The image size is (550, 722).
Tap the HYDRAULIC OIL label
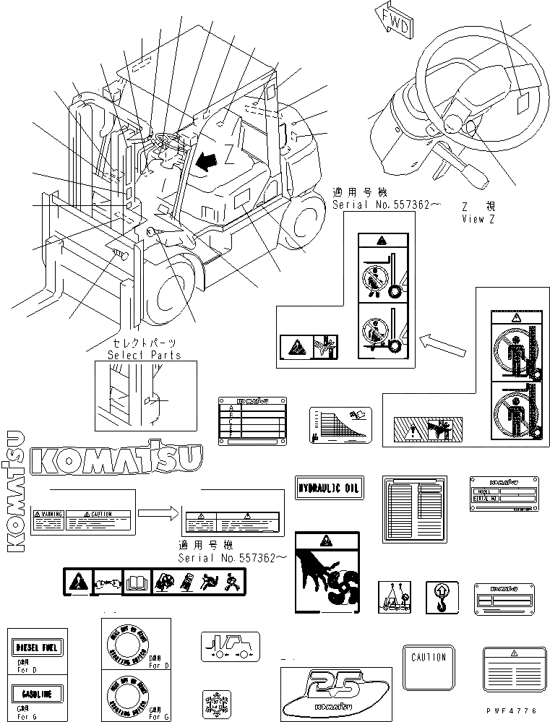329,489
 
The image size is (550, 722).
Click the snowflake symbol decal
216,702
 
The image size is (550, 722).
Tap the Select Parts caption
145,354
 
